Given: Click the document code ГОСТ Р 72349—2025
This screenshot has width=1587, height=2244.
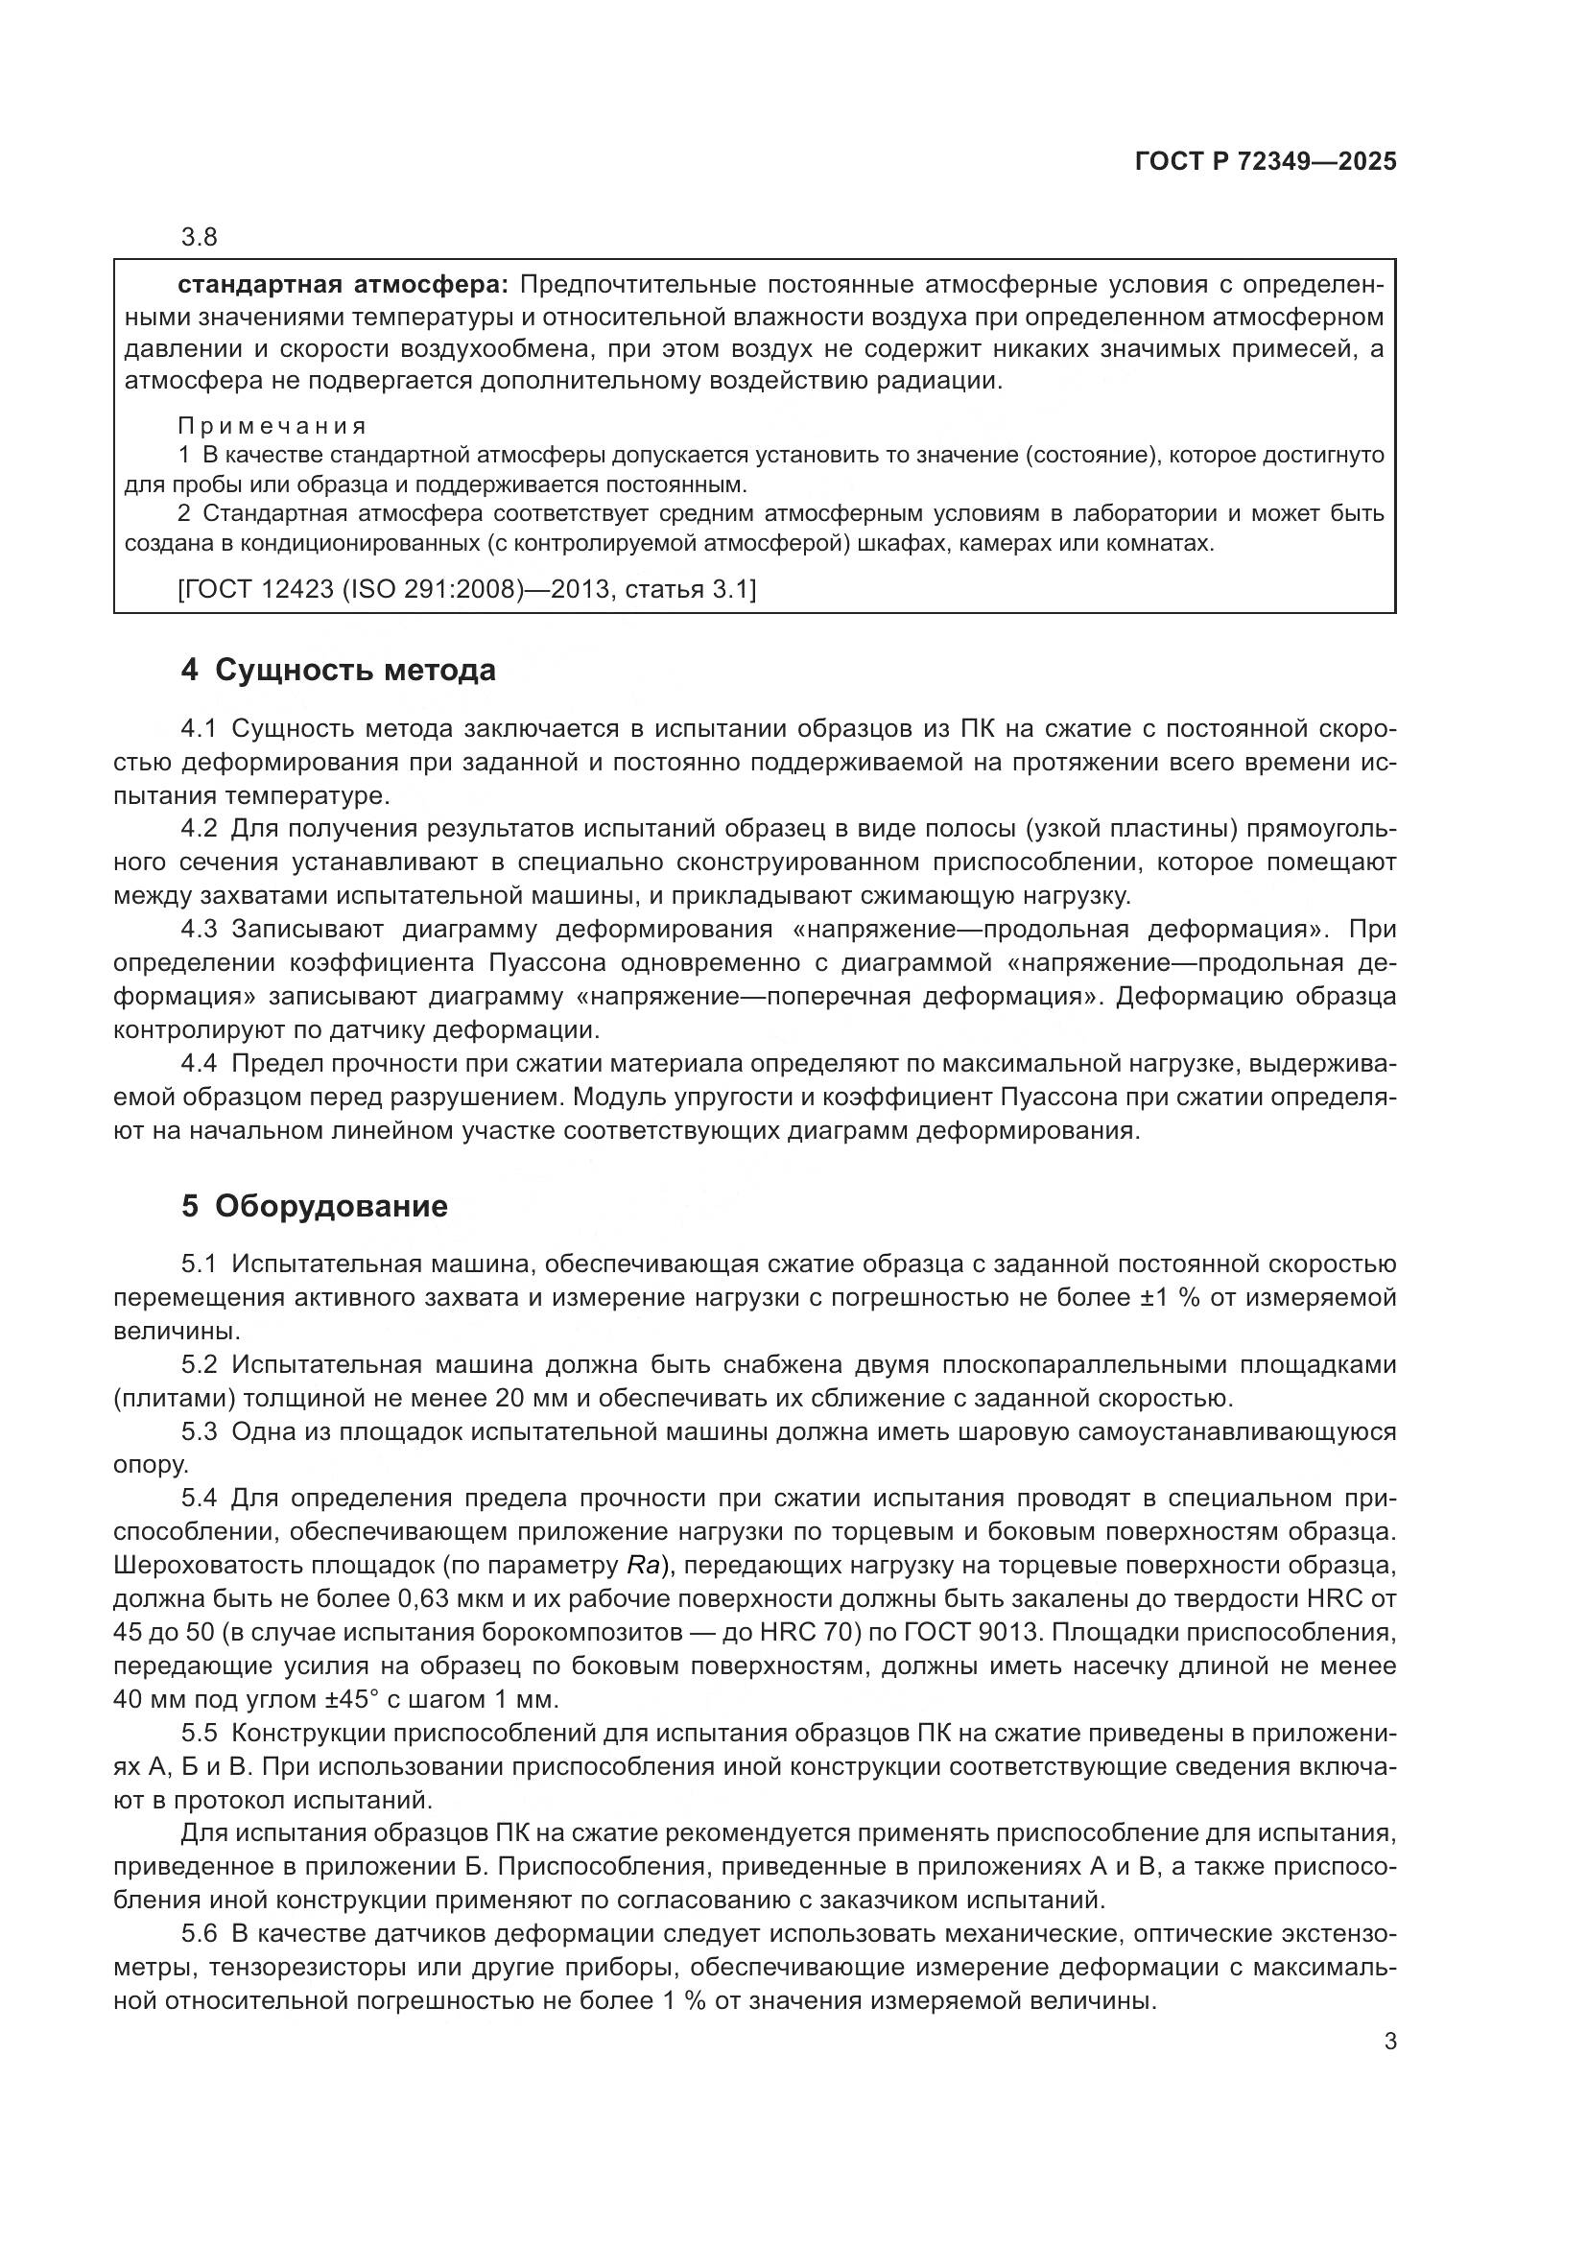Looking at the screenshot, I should click(1266, 162).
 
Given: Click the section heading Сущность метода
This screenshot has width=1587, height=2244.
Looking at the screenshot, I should click(355, 671).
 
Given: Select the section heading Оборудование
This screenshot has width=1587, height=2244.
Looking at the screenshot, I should click(331, 1206).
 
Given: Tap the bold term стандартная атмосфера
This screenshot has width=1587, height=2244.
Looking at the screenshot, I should click(342, 285).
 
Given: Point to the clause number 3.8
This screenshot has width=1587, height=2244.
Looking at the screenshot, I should click(200, 238).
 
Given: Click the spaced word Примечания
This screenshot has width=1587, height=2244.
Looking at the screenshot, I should click(272, 426).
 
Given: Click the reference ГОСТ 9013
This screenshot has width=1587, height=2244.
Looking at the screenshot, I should click(1019, 1633).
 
